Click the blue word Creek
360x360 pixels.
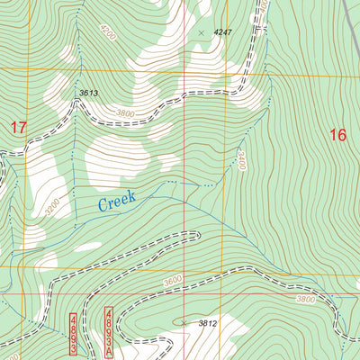pyautogui.click(x=117, y=202)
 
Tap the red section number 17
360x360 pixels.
pyautogui.click(x=18, y=128)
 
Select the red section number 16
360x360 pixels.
pyautogui.click(x=337, y=135)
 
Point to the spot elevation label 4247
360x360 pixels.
pyautogui.click(x=222, y=32)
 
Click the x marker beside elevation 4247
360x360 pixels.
pyautogui.click(x=201, y=32)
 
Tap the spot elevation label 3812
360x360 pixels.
pyautogui.click(x=208, y=323)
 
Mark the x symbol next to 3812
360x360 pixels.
pyautogui.click(x=184, y=322)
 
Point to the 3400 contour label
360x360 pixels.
pyautogui.click(x=240, y=161)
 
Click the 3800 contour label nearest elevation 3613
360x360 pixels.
pyautogui.click(x=130, y=113)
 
